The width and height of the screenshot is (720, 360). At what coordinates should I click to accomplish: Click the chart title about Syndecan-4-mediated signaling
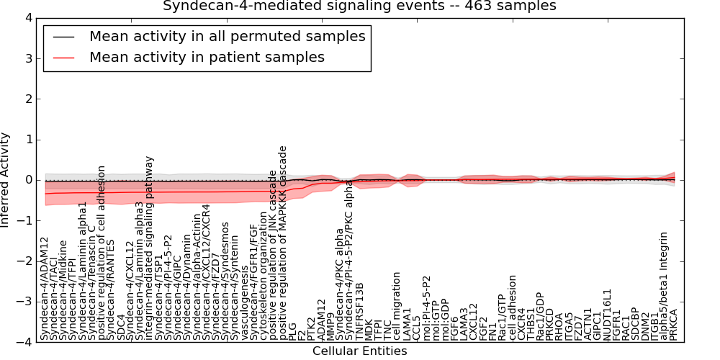click(x=359, y=6)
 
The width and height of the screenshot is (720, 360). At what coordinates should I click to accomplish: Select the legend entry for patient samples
click(x=207, y=57)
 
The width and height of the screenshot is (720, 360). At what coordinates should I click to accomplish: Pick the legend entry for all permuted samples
click(x=227, y=36)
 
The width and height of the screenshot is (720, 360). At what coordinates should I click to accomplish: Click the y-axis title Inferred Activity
click(x=6, y=180)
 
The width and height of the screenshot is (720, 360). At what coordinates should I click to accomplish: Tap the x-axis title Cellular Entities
click(x=359, y=351)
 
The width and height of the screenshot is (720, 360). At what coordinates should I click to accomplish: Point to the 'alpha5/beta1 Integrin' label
click(x=664, y=286)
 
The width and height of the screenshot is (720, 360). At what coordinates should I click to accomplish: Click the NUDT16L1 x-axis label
click(x=607, y=314)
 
